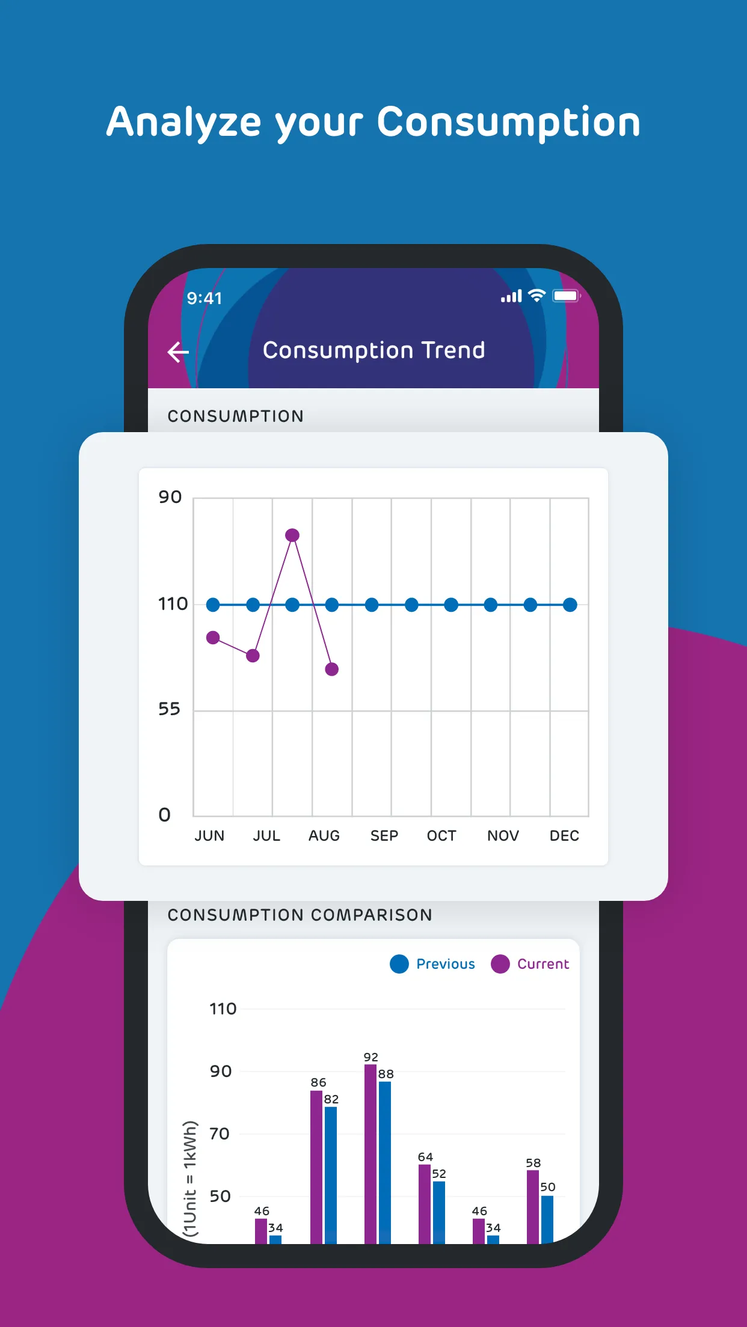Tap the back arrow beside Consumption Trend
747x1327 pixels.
tap(178, 352)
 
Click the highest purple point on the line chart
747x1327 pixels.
tap(292, 535)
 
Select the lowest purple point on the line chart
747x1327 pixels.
tap(332, 669)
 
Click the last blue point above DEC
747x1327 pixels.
tap(570, 605)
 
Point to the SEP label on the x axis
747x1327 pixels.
tap(384, 836)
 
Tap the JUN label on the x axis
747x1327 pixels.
tap(209, 836)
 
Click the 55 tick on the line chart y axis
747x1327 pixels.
tap(169, 709)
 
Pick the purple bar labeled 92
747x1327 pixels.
tap(370, 1154)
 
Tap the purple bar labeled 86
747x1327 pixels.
tap(316, 1166)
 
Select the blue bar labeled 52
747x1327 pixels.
tap(439, 1211)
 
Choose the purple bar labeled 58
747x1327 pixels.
tap(533, 1205)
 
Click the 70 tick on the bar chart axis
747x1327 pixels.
tap(220, 1134)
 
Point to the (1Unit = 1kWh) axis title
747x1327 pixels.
tap(190, 1178)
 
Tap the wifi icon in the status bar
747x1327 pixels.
tap(536, 296)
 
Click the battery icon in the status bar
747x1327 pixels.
tap(566, 296)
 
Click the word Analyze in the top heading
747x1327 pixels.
tap(184, 123)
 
